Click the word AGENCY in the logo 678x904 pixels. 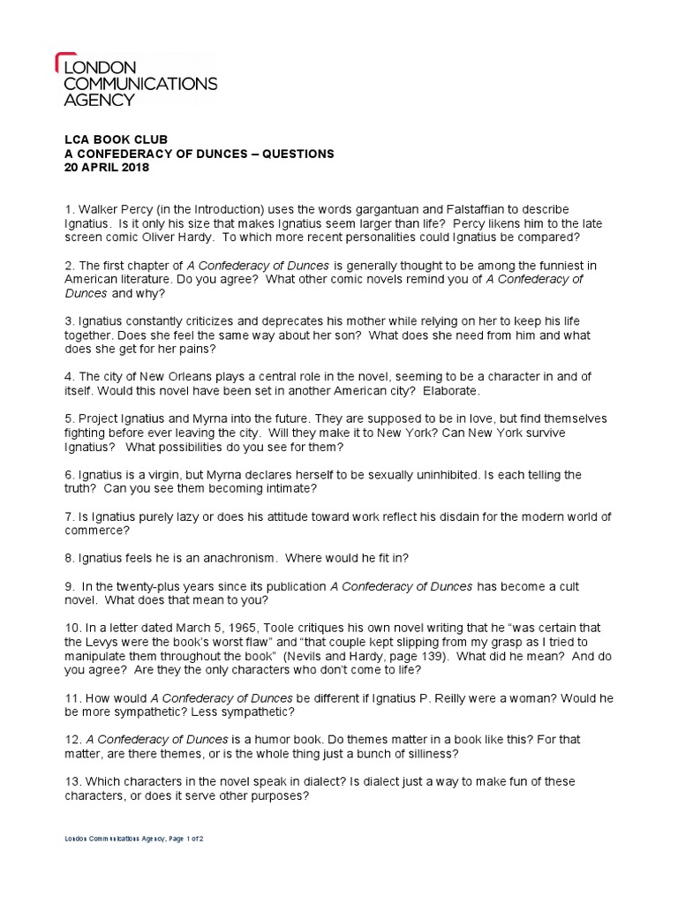(99, 100)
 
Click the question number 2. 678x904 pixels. (68, 265)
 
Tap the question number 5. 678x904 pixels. (68, 418)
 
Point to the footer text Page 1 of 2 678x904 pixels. (181, 838)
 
